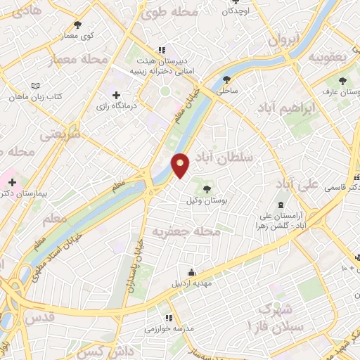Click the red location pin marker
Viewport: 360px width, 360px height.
tap(181, 164)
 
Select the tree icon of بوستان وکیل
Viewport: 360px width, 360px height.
tap(207, 188)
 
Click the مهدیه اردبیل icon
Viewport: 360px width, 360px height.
tap(193, 273)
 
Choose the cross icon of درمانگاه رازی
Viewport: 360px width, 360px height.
tap(116, 95)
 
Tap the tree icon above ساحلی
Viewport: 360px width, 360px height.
tap(226, 79)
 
